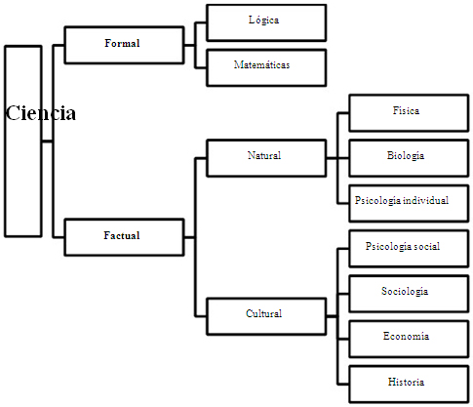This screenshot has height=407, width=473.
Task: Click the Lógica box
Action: click(x=266, y=22)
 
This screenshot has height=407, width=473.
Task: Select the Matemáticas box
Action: click(x=266, y=67)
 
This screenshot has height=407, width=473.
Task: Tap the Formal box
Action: click(x=124, y=45)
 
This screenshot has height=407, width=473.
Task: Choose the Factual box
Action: click(x=124, y=237)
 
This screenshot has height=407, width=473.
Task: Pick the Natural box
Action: click(x=266, y=158)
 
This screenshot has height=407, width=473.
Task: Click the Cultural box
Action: click(x=266, y=316)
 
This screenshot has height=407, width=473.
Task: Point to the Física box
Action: click(x=409, y=113)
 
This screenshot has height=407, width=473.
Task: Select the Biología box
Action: click(x=409, y=158)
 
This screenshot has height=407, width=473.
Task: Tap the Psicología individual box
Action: click(x=409, y=203)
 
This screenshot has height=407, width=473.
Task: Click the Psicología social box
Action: click(x=409, y=249)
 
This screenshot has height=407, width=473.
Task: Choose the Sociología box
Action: click(x=409, y=294)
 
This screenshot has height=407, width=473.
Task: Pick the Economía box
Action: click(x=409, y=339)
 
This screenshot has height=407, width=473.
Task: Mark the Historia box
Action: click(x=409, y=384)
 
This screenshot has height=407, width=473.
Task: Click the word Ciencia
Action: click(x=41, y=113)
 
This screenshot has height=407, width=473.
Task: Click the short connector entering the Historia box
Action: click(x=343, y=384)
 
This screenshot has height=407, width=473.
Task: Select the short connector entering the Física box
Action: click(x=343, y=113)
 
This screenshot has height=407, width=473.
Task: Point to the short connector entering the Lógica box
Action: click(x=201, y=22)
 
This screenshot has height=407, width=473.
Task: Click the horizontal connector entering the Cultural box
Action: click(x=201, y=316)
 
